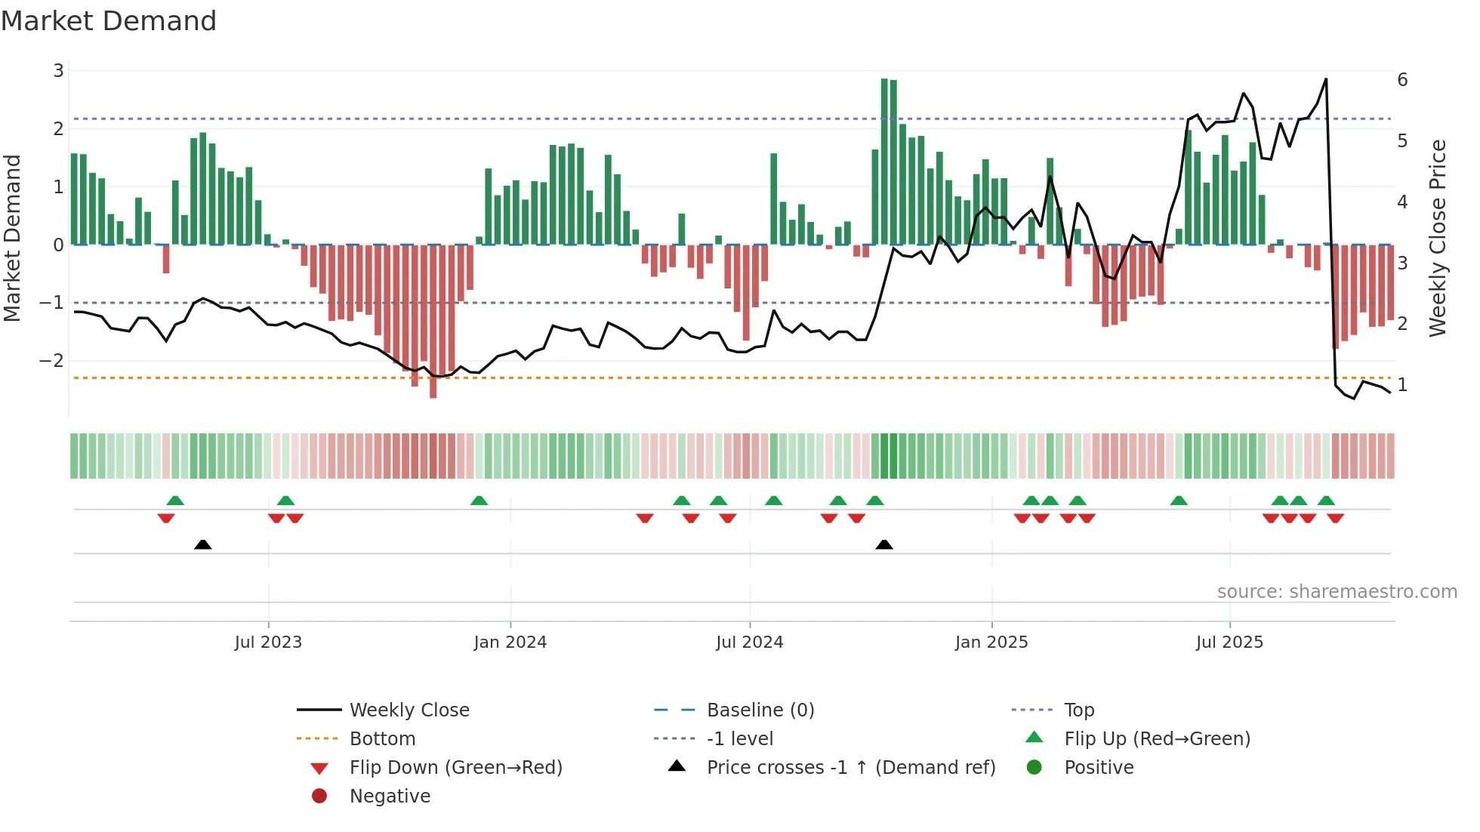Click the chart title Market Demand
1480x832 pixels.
click(109, 20)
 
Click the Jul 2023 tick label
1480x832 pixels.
click(268, 642)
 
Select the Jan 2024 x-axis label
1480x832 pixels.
click(510, 642)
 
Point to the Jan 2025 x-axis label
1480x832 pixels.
click(991, 642)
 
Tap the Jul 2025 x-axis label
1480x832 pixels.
click(1229, 642)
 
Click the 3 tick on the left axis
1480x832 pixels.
click(58, 71)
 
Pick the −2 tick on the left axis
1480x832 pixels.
click(52, 361)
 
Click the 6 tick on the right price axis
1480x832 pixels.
click(1402, 80)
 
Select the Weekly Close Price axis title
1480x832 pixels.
click(1438, 238)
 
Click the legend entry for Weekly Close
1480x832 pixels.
click(409, 710)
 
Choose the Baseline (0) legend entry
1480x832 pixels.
click(760, 710)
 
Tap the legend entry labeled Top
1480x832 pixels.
click(1078, 710)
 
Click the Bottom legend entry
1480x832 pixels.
click(382, 738)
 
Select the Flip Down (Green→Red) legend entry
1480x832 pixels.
click(455, 767)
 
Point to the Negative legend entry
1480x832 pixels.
click(390, 796)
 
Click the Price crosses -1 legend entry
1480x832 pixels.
click(850, 767)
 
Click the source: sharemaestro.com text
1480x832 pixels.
click(1337, 591)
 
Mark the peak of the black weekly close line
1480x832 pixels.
click(1325, 79)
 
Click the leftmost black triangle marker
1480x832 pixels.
click(202, 544)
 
